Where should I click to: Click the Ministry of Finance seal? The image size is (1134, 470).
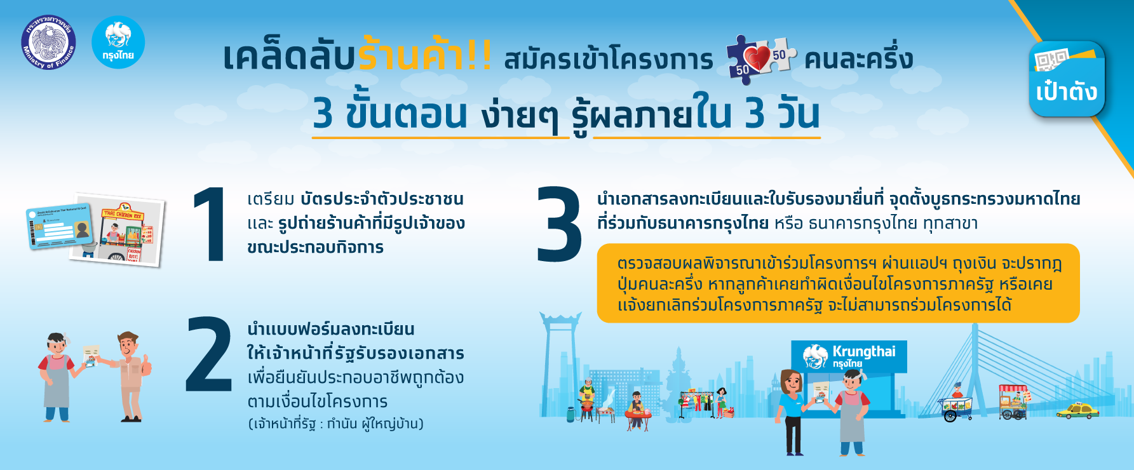point(48,43)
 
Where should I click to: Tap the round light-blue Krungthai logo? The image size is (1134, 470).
point(118,43)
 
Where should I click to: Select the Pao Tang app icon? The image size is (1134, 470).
point(1067,79)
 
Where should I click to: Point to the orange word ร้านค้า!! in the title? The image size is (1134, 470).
point(425,56)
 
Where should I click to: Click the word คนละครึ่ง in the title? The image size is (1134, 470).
point(858,59)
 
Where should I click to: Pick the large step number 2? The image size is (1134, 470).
point(209,355)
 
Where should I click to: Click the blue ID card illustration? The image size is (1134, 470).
point(58,226)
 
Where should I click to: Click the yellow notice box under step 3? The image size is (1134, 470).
point(837,283)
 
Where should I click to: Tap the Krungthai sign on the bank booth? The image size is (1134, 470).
point(849,356)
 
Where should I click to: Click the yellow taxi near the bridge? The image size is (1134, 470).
point(1077,410)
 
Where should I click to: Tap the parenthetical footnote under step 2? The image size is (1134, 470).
point(335,424)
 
